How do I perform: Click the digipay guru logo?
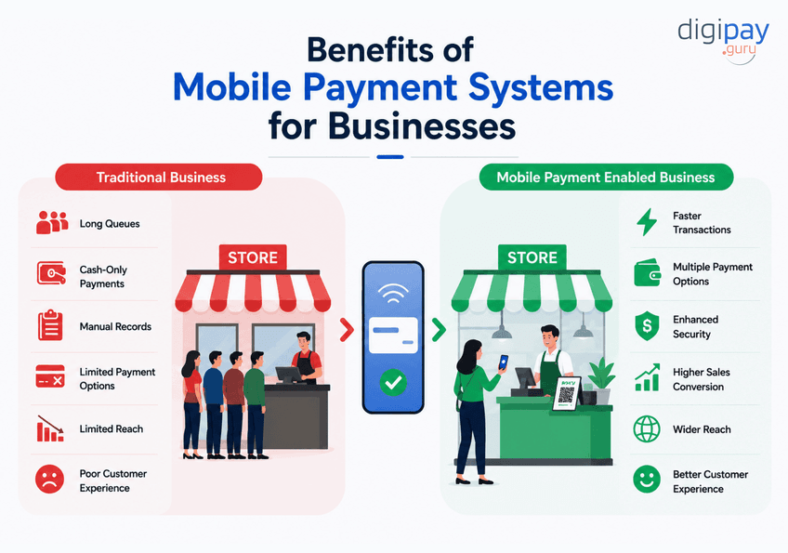pyautogui.click(x=723, y=41)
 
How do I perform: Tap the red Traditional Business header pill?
pyautogui.click(x=159, y=177)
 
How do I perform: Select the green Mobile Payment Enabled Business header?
pyautogui.click(x=606, y=177)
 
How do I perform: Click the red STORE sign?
pyautogui.click(x=253, y=257)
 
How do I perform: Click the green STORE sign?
pyautogui.click(x=532, y=257)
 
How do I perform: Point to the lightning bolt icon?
pyautogui.click(x=647, y=222)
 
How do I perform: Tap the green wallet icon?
pyautogui.click(x=648, y=273)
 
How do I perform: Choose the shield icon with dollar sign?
pyautogui.click(x=648, y=326)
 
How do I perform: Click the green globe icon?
pyautogui.click(x=647, y=428)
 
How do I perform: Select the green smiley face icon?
pyautogui.click(x=647, y=479)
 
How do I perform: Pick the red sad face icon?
pyautogui.click(x=50, y=479)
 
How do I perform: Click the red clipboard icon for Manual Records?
pyautogui.click(x=50, y=325)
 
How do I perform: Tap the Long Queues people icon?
pyautogui.click(x=52, y=222)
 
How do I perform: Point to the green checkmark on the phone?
pyautogui.click(x=393, y=383)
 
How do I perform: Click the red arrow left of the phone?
pyautogui.click(x=347, y=330)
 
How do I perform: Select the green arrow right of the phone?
pyautogui.click(x=439, y=330)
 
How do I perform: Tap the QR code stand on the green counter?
pyautogui.click(x=567, y=394)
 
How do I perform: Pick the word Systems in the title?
pyautogui.click(x=541, y=87)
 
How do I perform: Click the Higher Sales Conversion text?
pyautogui.click(x=702, y=379)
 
